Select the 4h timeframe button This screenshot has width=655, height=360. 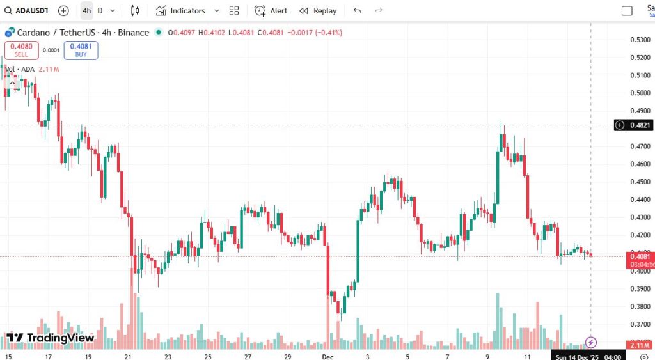pyautogui.click(x=86, y=11)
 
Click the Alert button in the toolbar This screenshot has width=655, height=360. pyautogui.click(x=271, y=11)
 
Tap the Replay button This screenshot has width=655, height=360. pyautogui.click(x=319, y=11)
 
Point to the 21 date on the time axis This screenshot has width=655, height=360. pyautogui.click(x=129, y=356)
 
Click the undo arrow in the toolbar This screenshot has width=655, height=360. pyautogui.click(x=358, y=11)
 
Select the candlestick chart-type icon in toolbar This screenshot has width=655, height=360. pyautogui.click(x=135, y=11)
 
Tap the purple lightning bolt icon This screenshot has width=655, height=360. pyautogui.click(x=592, y=343)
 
